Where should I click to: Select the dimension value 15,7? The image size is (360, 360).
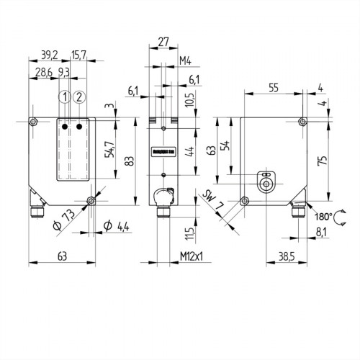tap(79, 55)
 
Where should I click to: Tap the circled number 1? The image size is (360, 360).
tap(65, 96)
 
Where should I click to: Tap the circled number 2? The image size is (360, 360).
tap(79, 96)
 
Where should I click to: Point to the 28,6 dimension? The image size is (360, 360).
tap(44, 73)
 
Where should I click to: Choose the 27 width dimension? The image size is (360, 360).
tap(163, 42)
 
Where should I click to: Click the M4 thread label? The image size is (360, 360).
tap(184, 60)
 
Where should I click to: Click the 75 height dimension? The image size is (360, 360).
tap(322, 160)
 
